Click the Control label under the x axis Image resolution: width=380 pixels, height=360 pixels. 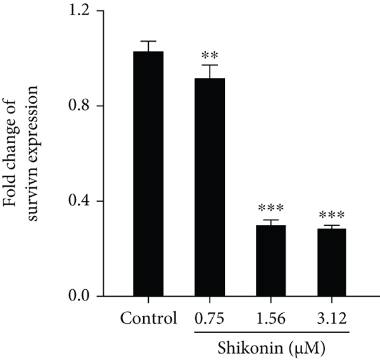148,318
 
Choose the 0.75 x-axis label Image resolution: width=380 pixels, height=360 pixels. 209,318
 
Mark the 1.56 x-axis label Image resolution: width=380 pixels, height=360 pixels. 270,318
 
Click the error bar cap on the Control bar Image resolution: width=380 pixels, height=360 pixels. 148,41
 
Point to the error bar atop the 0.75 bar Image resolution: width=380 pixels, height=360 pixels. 209,66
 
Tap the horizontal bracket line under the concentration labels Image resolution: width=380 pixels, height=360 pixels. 270,330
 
